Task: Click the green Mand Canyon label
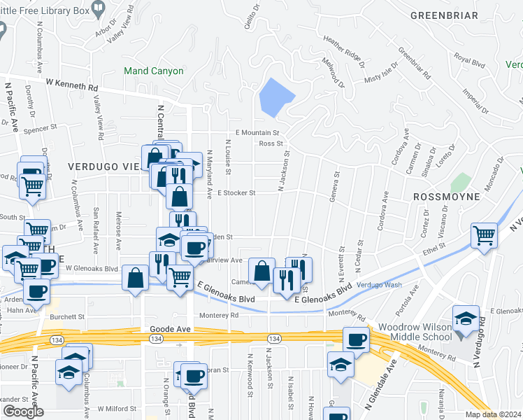pos(153,71)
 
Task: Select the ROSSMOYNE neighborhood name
pos(446,197)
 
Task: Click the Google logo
pos(23,412)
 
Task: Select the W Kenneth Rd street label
pos(73,85)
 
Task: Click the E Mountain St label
pos(257,132)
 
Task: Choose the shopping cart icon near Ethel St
pos(485,235)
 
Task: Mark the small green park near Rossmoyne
pos(460,182)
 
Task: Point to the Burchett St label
pos(67,316)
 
